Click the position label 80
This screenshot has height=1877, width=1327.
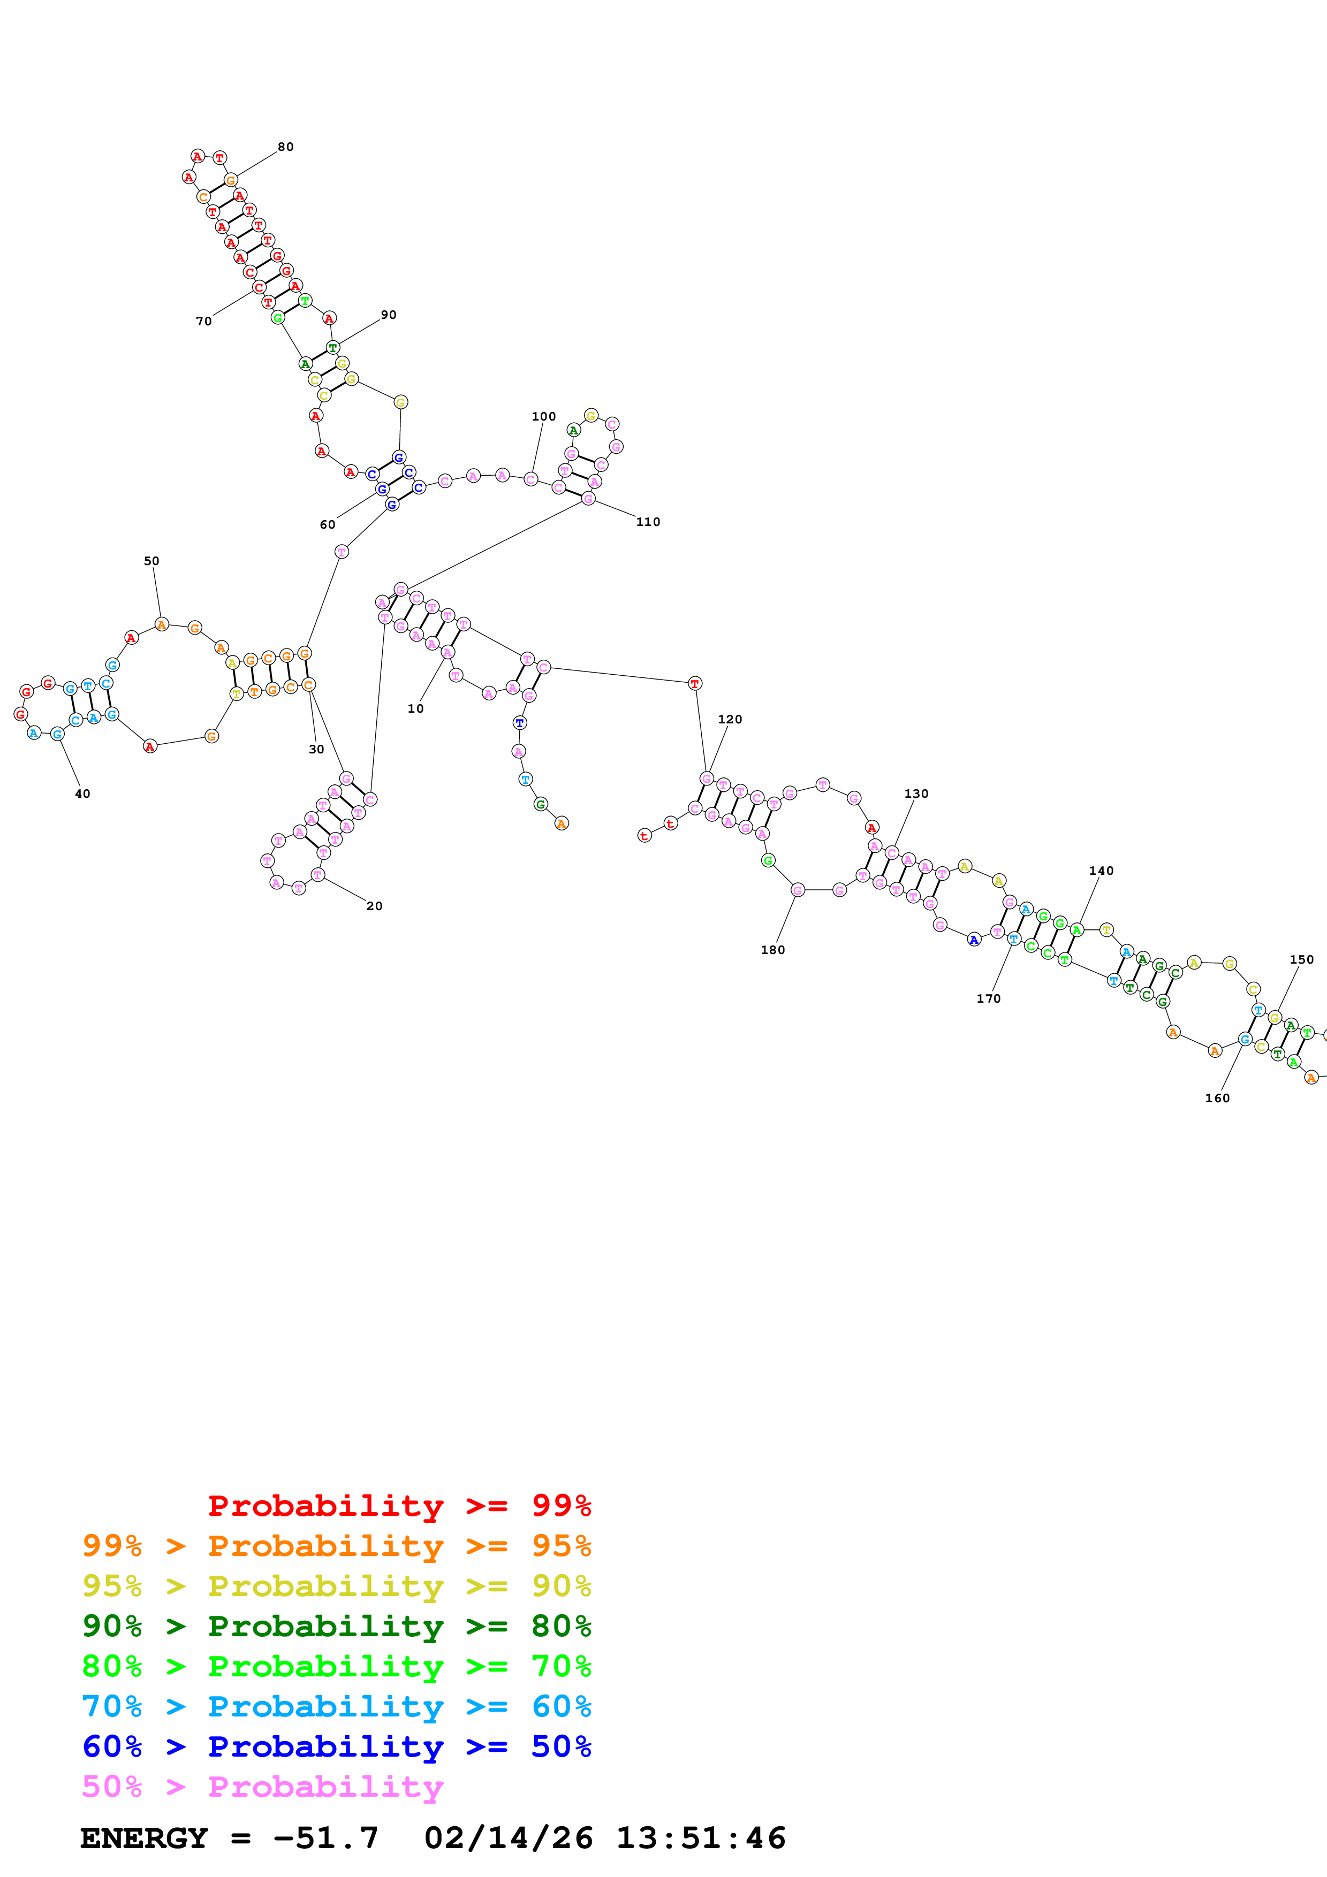(x=285, y=147)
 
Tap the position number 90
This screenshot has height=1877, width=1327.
(x=389, y=315)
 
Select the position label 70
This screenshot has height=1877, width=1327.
(x=203, y=321)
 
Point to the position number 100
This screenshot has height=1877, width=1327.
(x=544, y=416)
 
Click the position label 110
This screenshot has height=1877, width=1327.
(x=648, y=522)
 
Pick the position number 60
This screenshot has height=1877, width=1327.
(x=327, y=525)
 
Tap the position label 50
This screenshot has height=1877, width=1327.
(x=151, y=561)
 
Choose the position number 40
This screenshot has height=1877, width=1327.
(x=82, y=794)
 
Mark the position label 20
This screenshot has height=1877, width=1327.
(x=375, y=906)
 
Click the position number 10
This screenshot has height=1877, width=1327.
(x=415, y=709)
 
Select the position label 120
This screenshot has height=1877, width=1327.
(x=730, y=720)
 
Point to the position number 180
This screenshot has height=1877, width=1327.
(x=772, y=950)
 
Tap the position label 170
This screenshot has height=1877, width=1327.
(x=989, y=998)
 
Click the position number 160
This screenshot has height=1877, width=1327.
(x=1217, y=1098)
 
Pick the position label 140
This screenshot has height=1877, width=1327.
(x=1101, y=871)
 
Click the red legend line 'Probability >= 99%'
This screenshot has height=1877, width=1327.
(x=399, y=1505)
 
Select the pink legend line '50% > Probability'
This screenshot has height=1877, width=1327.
(x=262, y=1786)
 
